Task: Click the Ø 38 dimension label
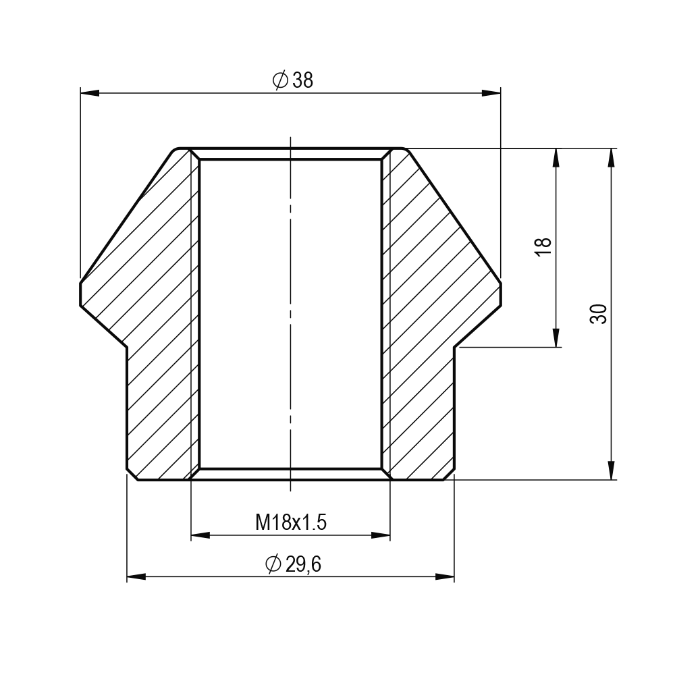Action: (x=293, y=80)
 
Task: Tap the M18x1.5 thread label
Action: (x=291, y=522)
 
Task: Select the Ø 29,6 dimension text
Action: (x=293, y=564)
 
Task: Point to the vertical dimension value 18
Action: (x=543, y=247)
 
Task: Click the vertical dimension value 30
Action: (x=598, y=314)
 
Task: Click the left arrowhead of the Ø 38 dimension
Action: (x=90, y=93)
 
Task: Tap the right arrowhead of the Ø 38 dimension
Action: (x=491, y=93)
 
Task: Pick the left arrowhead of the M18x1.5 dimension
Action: (x=200, y=535)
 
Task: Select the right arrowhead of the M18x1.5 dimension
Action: (x=381, y=535)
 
